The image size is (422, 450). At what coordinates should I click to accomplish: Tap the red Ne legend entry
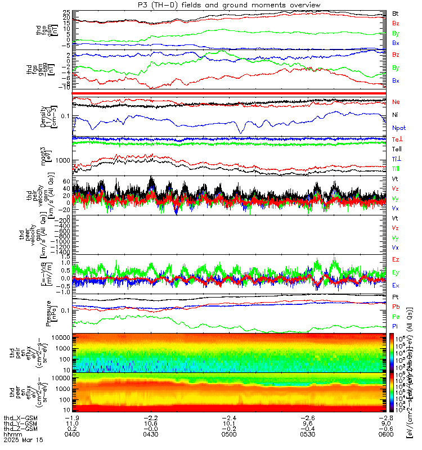pyautogui.click(x=396, y=102)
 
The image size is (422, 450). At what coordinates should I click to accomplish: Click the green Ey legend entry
pyautogui.click(x=396, y=272)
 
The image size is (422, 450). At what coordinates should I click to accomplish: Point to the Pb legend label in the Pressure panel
pyautogui.click(x=396, y=307)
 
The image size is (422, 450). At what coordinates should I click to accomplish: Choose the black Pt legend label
pyautogui.click(x=396, y=296)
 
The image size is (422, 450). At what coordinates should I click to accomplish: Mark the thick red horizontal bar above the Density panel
pyautogui.click(x=231, y=93)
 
